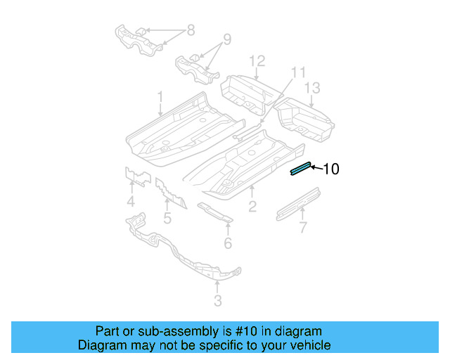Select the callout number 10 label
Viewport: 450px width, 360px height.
330,169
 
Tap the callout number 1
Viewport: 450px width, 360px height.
160,96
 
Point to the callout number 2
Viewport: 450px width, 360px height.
252,206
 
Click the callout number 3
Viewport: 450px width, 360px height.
217,301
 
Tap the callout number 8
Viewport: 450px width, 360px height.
189,30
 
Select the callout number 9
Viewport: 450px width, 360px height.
226,39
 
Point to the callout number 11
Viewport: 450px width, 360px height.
298,72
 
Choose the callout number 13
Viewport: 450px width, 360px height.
312,87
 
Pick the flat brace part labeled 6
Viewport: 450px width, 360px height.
214,212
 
